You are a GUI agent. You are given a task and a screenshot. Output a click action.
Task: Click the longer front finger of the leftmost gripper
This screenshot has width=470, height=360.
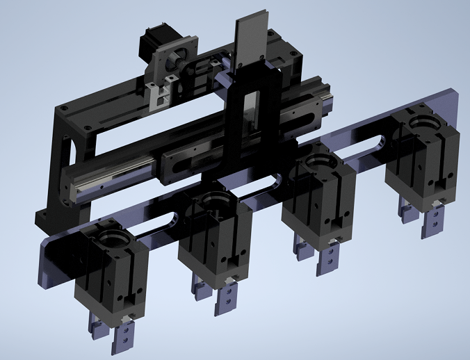(125, 337)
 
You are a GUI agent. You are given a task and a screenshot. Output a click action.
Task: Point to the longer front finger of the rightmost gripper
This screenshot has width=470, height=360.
(434, 218)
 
